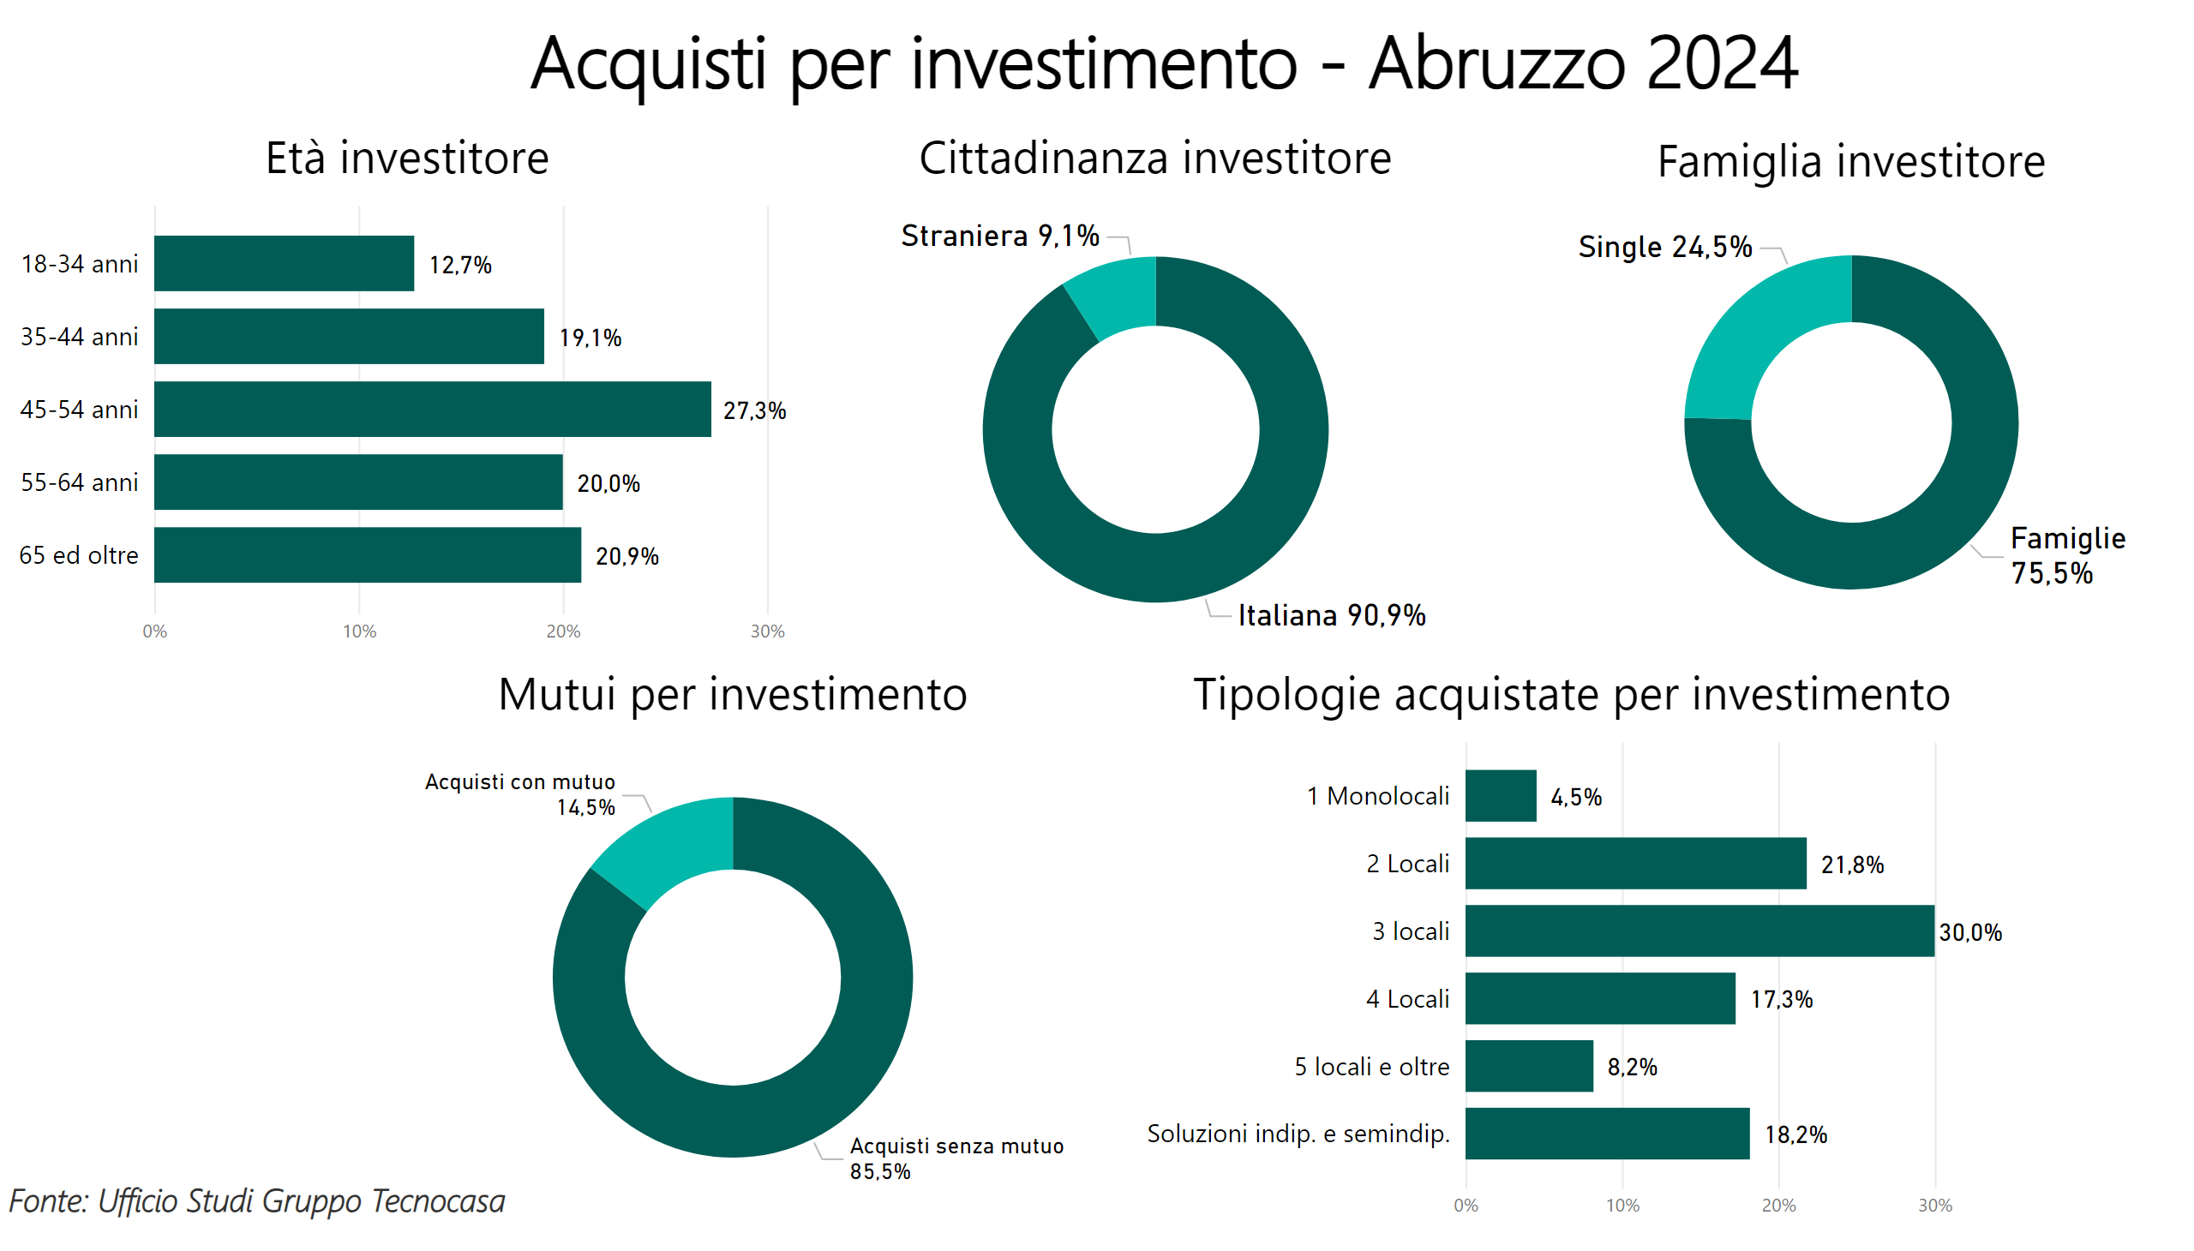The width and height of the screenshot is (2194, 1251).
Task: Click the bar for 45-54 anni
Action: [432, 409]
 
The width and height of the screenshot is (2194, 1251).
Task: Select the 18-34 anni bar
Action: [284, 263]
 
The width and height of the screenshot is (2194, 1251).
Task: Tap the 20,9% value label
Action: [626, 556]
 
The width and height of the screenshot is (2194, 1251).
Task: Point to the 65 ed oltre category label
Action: [78, 555]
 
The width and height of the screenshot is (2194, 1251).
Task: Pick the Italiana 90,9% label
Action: [1330, 615]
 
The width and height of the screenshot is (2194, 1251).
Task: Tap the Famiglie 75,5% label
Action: [2066, 556]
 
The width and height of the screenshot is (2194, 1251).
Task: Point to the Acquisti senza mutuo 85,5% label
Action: [956, 1158]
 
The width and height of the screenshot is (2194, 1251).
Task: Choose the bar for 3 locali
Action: [1699, 931]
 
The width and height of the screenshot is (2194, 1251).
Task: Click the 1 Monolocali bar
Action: [1500, 796]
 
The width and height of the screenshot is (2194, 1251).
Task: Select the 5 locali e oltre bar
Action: [1528, 1065]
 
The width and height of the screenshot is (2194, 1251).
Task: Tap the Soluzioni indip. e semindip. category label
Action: [1298, 1134]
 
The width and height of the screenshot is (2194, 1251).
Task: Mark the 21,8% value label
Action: [1851, 865]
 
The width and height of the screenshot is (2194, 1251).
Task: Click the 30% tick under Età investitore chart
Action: [766, 631]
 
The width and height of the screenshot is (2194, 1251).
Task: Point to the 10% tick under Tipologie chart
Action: [1622, 1206]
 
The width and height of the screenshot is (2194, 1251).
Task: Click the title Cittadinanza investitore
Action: [1154, 159]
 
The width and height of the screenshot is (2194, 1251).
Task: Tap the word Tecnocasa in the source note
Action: [438, 1201]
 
